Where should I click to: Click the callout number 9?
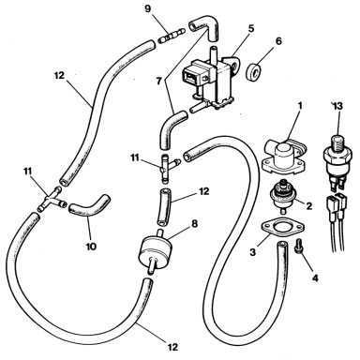[147, 8]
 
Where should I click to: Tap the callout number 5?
[251, 28]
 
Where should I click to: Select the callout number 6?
[278, 41]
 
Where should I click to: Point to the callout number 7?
[159, 82]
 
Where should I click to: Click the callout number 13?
[337, 106]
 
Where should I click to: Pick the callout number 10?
[91, 247]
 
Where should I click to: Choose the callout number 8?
[194, 224]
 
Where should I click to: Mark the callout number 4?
[315, 277]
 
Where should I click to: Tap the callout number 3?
[252, 251]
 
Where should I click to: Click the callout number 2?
[308, 206]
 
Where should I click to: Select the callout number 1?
[300, 105]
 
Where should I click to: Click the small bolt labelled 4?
[297, 249]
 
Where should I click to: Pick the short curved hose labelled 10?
[88, 206]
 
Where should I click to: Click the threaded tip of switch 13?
[337, 140]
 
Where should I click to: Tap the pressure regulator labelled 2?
[283, 197]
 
